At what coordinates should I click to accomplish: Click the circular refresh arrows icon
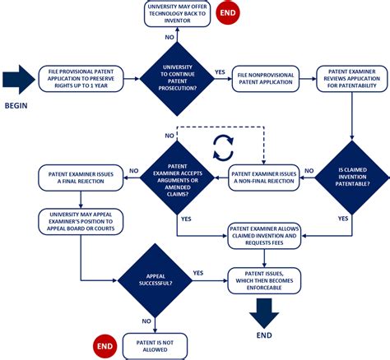[222, 147]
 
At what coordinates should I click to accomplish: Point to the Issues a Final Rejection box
[80, 174]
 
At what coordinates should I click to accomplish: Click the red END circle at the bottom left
[104, 344]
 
